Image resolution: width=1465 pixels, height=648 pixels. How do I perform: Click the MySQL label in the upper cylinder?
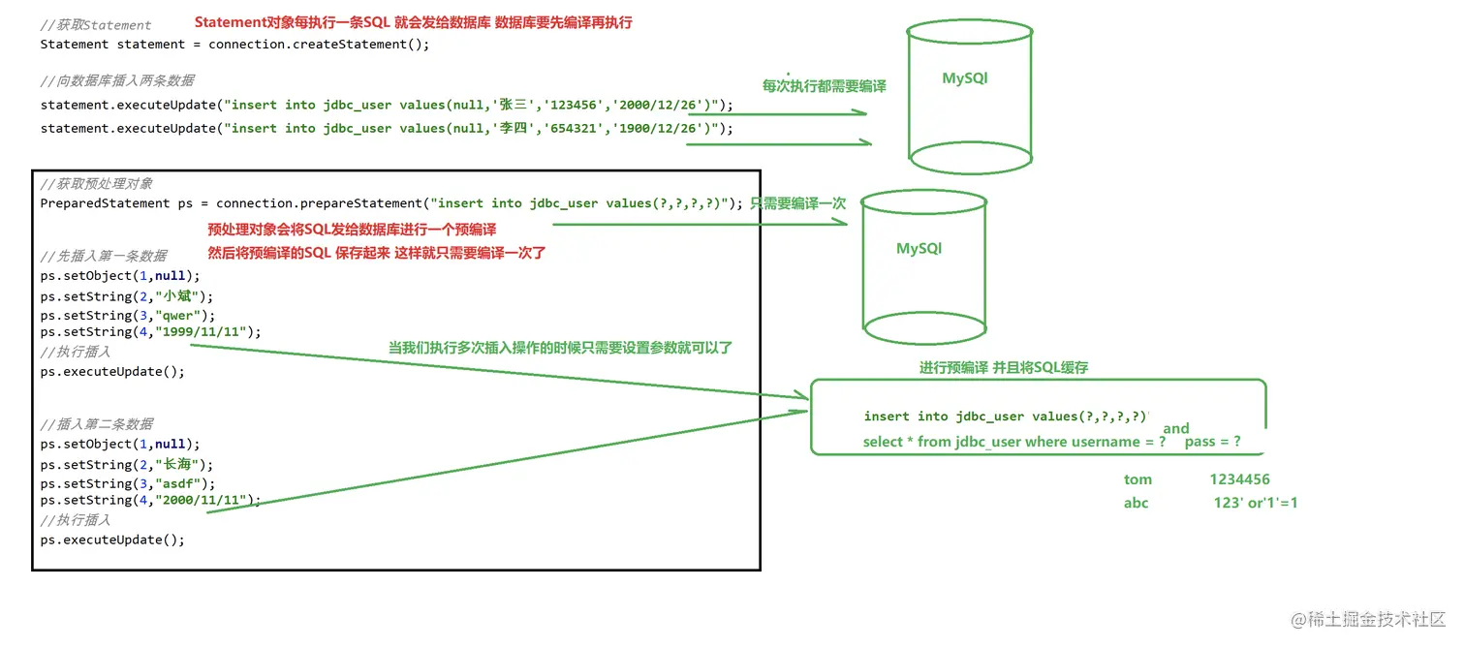click(965, 77)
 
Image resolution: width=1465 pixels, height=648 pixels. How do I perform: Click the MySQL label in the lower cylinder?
click(919, 249)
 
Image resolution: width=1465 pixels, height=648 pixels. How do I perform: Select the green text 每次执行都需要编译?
click(824, 86)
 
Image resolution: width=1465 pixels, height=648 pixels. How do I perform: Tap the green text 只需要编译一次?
click(798, 203)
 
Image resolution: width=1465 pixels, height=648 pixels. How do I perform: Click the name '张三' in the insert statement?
click(513, 105)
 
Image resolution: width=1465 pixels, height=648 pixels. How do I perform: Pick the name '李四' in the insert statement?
click(513, 128)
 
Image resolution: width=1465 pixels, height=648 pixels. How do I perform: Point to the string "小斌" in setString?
click(176, 296)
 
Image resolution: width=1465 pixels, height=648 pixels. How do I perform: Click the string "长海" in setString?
click(176, 464)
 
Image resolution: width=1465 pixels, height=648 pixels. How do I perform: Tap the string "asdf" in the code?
click(177, 483)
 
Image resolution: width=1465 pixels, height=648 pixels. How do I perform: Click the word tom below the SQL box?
click(1138, 479)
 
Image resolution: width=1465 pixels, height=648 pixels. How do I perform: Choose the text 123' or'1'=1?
click(1256, 503)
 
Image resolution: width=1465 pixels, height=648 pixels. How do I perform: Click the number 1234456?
click(1239, 479)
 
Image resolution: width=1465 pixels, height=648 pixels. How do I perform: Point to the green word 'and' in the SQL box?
click(1176, 428)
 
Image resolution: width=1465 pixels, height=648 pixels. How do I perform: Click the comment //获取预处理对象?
click(96, 184)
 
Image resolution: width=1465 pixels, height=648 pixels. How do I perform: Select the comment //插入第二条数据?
click(96, 424)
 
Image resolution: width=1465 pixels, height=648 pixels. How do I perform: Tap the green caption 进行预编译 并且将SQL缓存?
click(1004, 367)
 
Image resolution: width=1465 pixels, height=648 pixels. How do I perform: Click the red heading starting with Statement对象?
click(414, 22)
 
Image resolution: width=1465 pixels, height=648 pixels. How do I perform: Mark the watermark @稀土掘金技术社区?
click(1367, 619)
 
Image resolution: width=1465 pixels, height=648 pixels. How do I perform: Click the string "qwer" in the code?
click(177, 315)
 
